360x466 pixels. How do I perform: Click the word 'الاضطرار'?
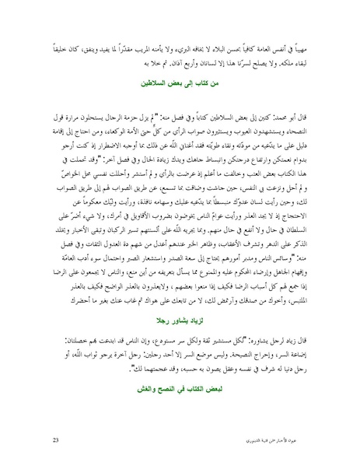[x=95, y=141]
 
